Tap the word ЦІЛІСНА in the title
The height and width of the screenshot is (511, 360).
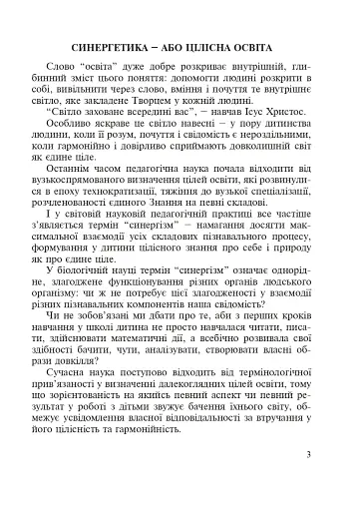pos(221,48)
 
